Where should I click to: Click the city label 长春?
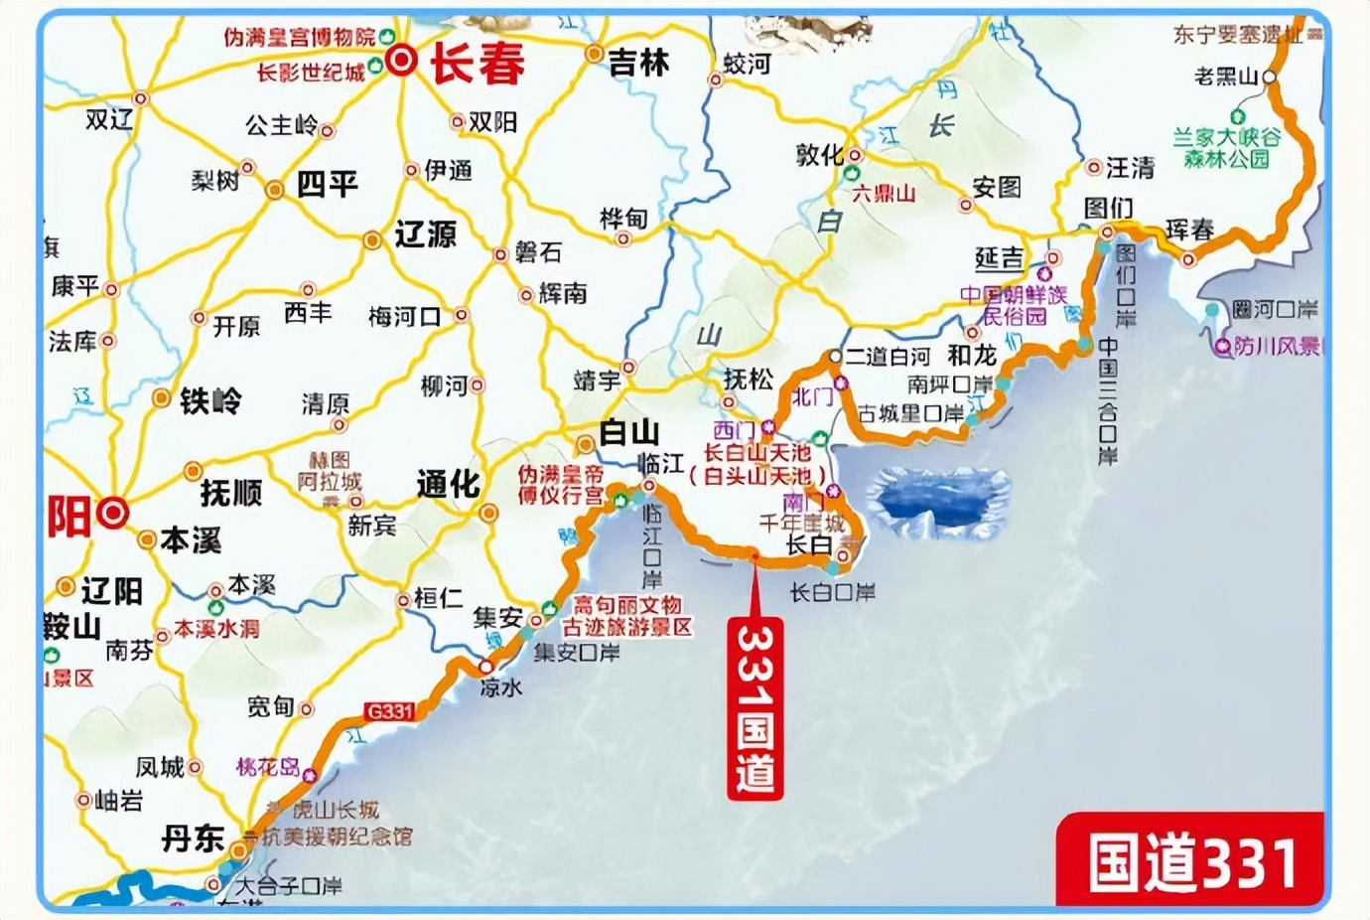478,65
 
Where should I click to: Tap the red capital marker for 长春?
403,62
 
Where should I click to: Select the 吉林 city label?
638,63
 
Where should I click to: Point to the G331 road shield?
388,711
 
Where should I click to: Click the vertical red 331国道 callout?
755,707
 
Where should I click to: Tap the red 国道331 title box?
1191,860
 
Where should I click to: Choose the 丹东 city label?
194,838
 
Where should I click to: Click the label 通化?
448,484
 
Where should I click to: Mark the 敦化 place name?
819,154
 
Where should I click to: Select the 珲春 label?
1189,230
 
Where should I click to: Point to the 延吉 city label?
999,258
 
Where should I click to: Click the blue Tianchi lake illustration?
938,501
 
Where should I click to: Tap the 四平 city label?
327,185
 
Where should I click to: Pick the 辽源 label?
425,234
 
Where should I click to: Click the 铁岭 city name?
210,400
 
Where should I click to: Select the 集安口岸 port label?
576,653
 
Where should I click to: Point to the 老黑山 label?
1227,77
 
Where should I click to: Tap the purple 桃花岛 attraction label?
268,767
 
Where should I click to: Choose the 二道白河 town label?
888,357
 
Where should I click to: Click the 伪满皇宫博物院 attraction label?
300,38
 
